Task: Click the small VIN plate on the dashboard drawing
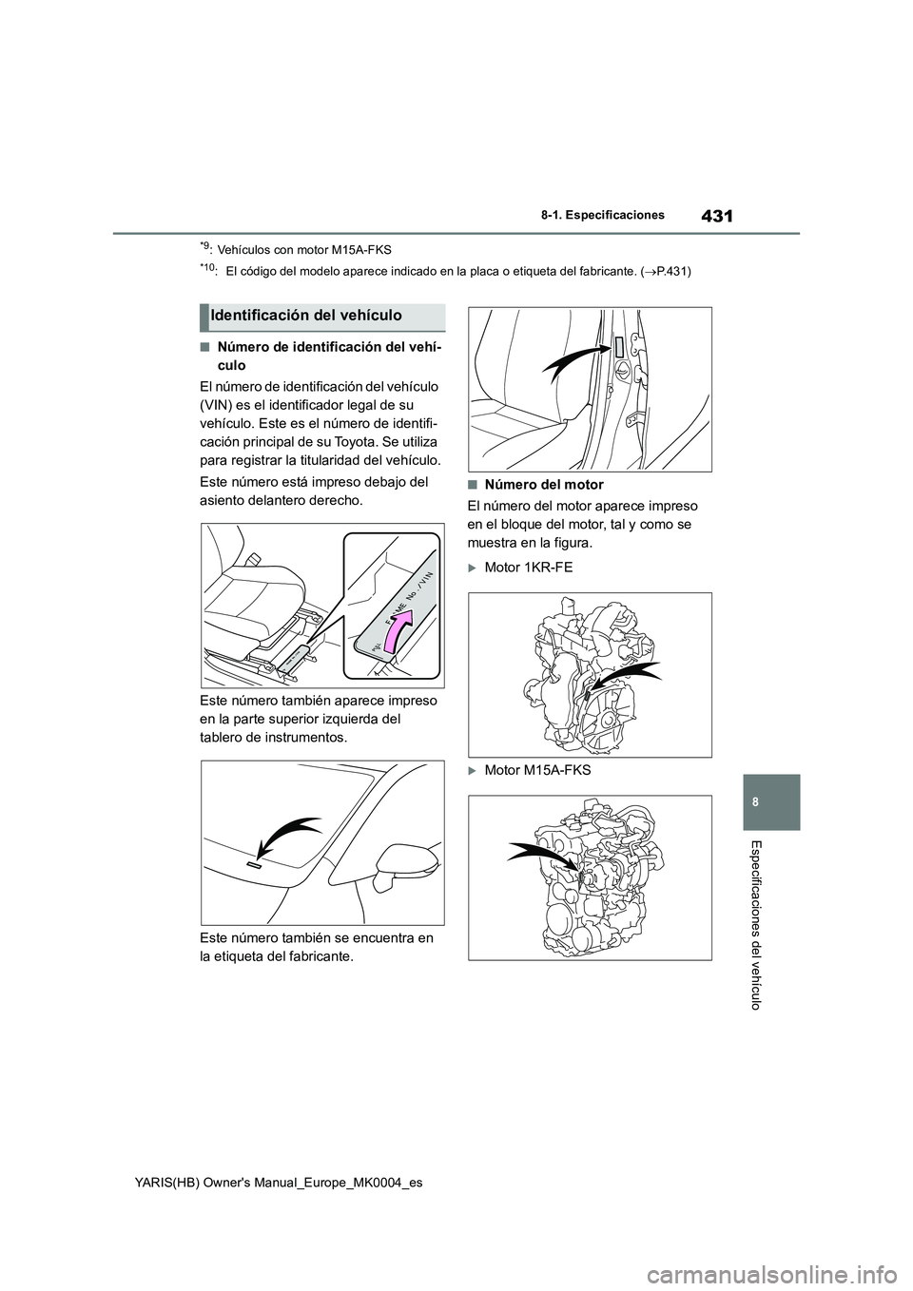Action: pyautogui.click(x=254, y=866)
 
